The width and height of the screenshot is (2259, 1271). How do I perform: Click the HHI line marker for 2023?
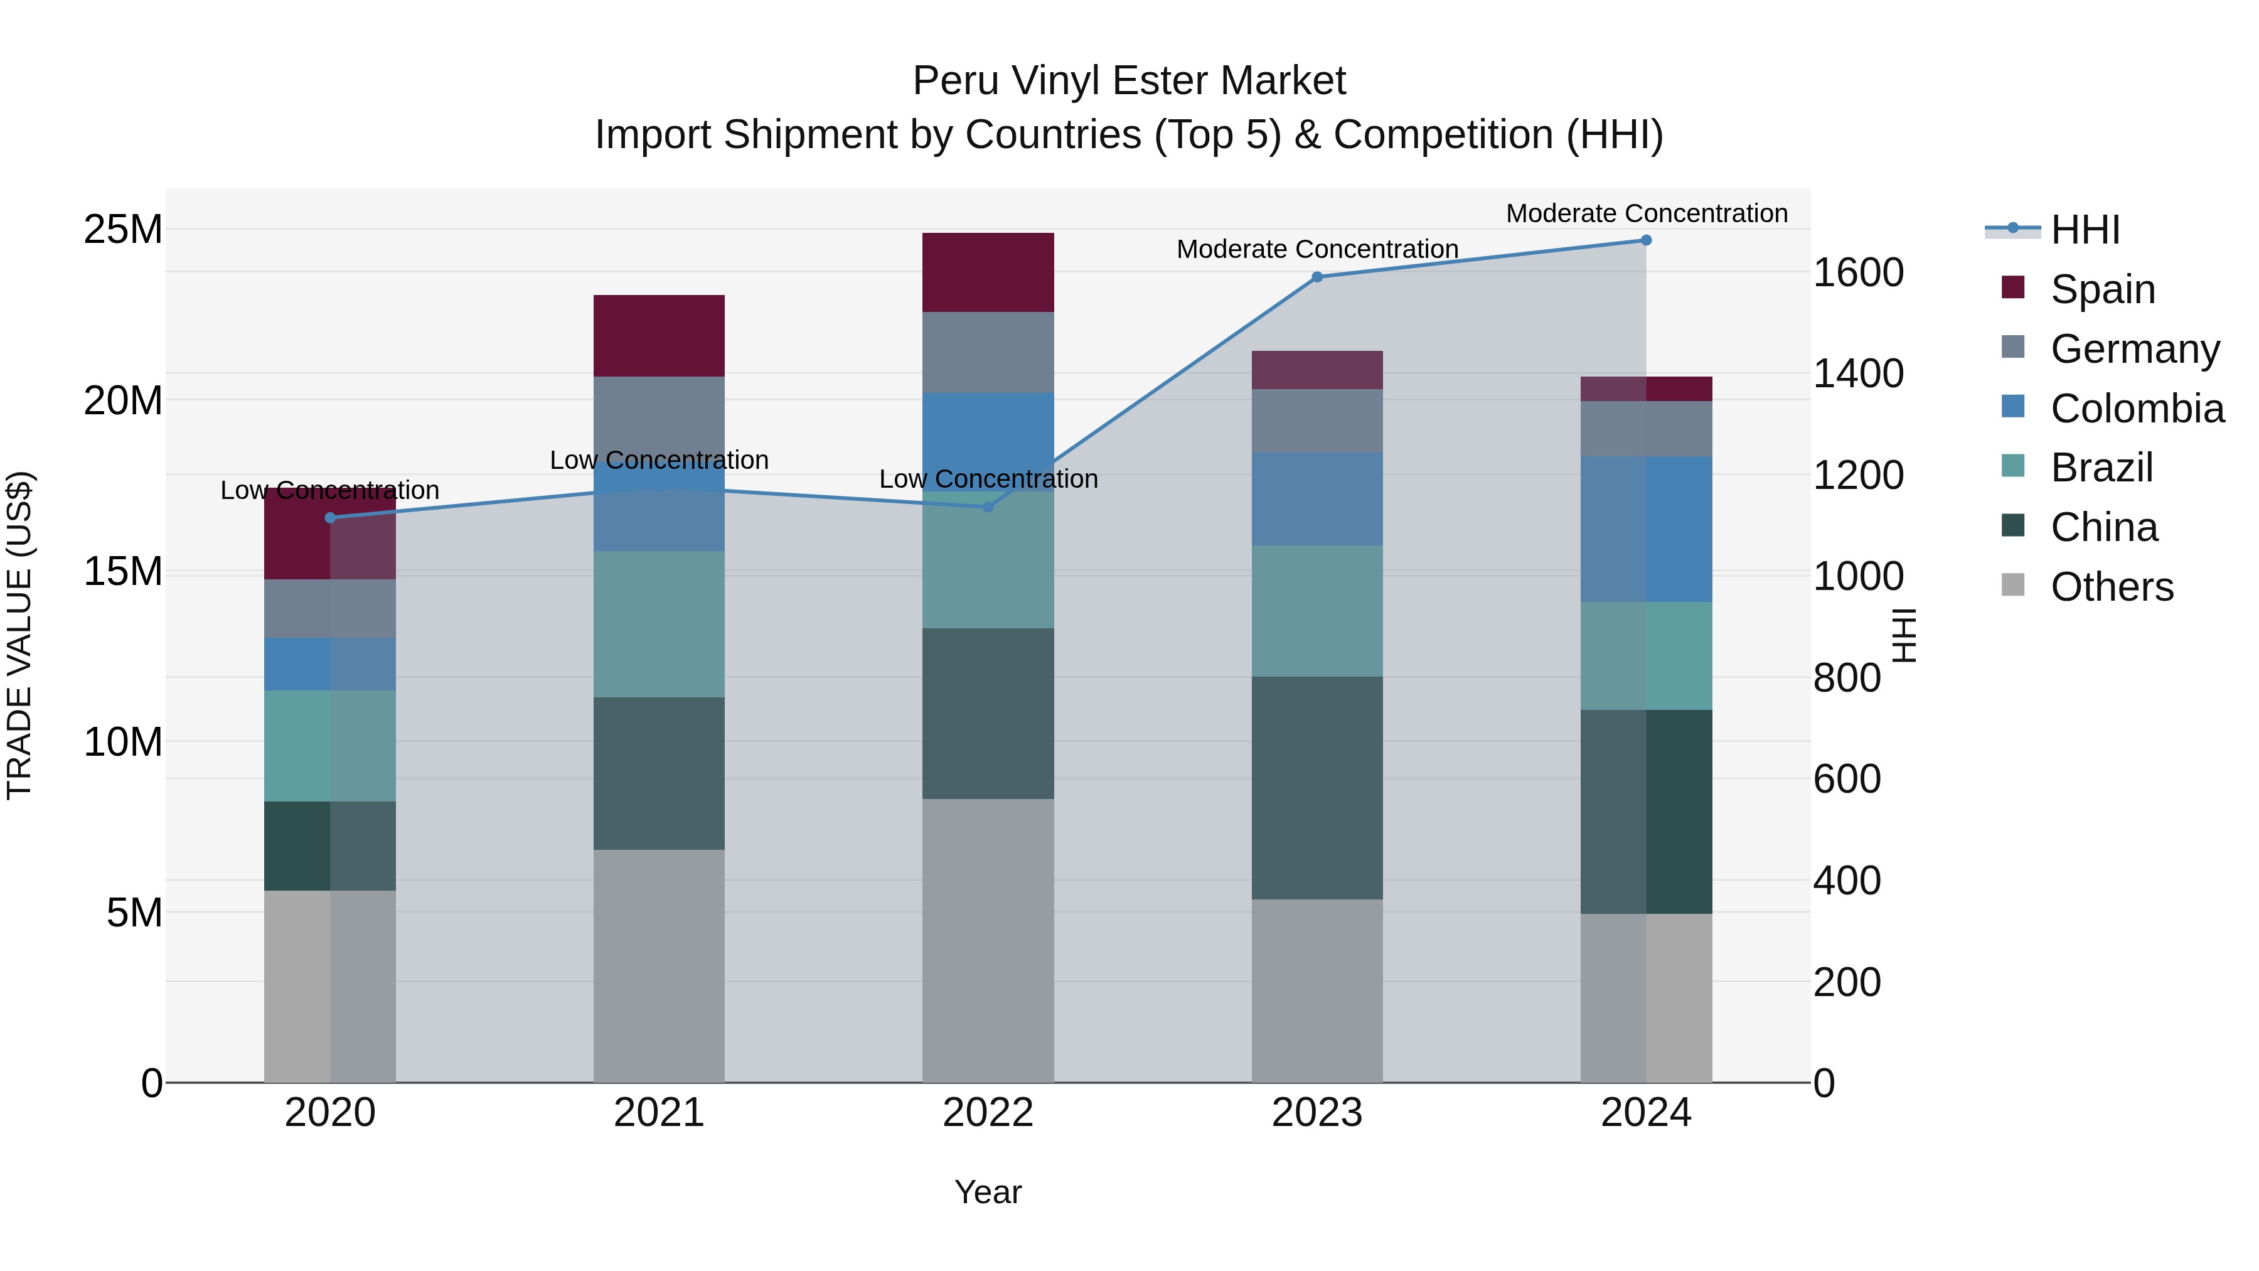(x=1316, y=277)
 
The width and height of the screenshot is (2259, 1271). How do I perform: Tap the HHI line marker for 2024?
(x=1646, y=240)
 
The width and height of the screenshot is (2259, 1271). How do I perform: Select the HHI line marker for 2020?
(x=329, y=518)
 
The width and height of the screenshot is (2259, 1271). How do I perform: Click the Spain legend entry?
(x=2102, y=289)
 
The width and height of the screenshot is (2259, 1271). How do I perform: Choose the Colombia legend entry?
(x=2136, y=408)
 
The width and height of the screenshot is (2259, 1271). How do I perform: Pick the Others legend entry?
(x=2112, y=587)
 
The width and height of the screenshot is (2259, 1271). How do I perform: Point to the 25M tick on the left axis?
(x=123, y=230)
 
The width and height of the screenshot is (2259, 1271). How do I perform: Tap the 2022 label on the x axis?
(x=988, y=1113)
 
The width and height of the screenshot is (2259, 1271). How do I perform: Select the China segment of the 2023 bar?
(x=1316, y=788)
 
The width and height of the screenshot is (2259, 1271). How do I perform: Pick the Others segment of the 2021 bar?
(x=659, y=965)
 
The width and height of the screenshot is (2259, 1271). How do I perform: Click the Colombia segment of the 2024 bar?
(x=1646, y=529)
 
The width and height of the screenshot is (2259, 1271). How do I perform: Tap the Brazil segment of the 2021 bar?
(x=659, y=624)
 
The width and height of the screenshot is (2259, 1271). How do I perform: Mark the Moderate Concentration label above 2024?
(x=1646, y=213)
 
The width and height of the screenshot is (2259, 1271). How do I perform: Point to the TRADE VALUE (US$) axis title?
(x=19, y=635)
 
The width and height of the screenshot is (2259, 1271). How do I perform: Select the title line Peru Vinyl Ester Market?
(x=1129, y=81)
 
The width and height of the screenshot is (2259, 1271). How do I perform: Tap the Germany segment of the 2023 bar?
(x=1316, y=421)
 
